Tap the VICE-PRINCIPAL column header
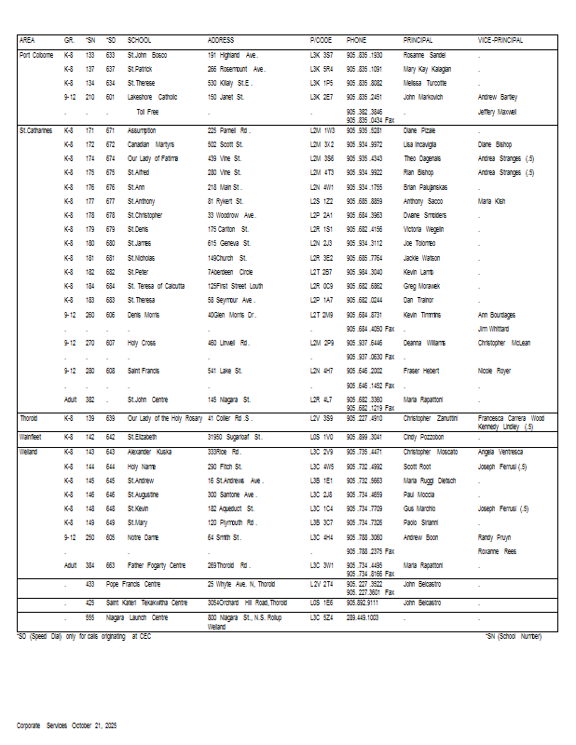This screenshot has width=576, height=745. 501,41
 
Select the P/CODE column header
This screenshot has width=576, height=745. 321,41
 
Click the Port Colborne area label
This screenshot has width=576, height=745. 37,55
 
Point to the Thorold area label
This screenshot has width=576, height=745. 29,418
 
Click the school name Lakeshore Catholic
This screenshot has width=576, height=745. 153,96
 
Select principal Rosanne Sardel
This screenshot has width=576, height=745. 424,55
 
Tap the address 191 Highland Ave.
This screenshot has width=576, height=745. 232,55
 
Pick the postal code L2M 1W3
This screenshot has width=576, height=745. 322,130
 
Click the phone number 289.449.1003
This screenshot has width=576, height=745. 363,617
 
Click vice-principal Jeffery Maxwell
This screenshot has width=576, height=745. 497,111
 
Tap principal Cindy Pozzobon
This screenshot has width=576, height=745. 425,436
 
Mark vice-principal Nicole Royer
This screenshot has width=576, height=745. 494,371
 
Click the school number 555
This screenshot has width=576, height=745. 90,617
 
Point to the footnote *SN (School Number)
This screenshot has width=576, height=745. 512,635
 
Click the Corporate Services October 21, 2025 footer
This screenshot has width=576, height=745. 66,725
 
